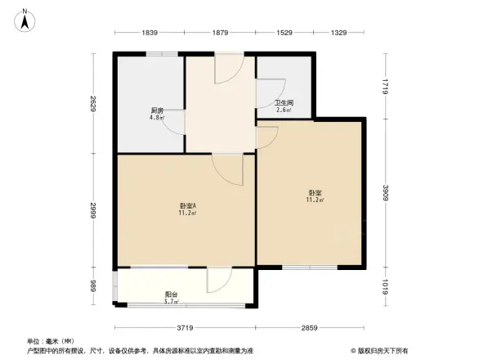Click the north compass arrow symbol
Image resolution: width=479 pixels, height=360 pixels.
25,19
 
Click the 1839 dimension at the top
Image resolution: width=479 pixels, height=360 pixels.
150,33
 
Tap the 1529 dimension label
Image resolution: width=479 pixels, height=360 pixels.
284,33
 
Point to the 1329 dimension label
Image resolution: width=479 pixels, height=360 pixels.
339,33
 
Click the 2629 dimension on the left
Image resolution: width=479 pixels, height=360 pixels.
95,105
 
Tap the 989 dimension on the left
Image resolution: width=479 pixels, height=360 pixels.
95,286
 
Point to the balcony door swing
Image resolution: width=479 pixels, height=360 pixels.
219,281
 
